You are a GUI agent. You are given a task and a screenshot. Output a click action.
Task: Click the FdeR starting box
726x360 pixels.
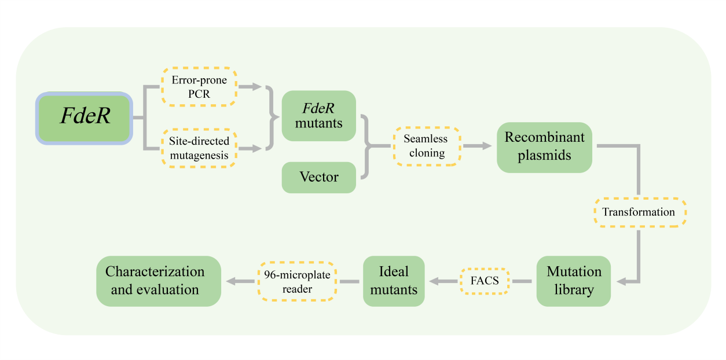coord(85,117)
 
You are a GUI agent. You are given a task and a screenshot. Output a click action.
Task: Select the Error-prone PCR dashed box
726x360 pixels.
coord(199,86)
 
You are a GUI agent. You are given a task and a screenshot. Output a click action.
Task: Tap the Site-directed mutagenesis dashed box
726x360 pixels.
coord(199,148)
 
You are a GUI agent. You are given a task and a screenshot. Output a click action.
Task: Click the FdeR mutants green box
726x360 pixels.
coord(318,116)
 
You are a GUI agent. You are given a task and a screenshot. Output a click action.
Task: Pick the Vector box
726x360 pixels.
coord(318,177)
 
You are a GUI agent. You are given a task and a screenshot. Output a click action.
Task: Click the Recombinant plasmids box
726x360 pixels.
coord(544,147)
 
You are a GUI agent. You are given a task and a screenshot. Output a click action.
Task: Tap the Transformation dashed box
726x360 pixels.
coord(639,212)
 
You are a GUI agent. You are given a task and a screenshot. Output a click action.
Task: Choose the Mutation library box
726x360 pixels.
coord(573,281)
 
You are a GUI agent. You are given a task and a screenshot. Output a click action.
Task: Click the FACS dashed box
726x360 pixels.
coord(484,281)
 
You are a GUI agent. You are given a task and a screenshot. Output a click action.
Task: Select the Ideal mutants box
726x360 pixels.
coord(394,281)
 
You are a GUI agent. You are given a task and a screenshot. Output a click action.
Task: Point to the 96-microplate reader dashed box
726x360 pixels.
coord(297,281)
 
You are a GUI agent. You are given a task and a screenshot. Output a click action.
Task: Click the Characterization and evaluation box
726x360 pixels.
coord(158,281)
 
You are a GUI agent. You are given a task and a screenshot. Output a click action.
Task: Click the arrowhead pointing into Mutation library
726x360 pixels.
coord(621,281)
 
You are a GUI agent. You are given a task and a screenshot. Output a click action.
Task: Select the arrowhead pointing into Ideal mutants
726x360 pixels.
coord(431,281)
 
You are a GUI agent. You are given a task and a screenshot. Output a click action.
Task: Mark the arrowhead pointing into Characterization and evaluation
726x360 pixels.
coord(230,281)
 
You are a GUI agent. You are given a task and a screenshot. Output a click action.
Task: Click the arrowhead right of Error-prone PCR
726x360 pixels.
coord(257,87)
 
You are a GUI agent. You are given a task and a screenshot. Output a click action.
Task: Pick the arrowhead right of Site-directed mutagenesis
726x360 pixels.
coord(257,149)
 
